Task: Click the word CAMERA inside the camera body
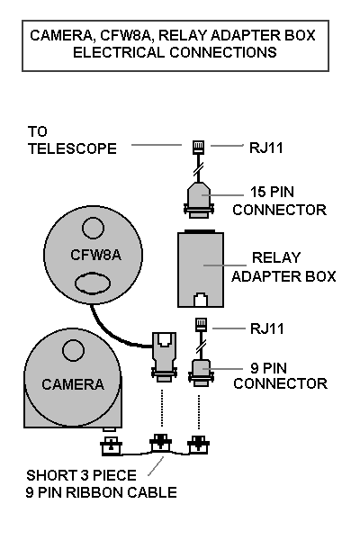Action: [73, 384]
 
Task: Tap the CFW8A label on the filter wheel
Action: [95, 255]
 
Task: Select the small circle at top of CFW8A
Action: [93, 228]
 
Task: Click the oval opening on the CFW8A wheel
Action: [93, 283]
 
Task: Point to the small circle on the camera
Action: [73, 350]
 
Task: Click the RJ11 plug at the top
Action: [198, 147]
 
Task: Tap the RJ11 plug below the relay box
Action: [202, 325]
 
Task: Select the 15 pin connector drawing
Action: [199, 200]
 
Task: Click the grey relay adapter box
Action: [201, 269]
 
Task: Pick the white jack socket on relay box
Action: [201, 300]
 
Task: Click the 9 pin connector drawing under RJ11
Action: [201, 373]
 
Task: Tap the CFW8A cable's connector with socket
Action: [164, 356]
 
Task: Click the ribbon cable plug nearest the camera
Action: [111, 445]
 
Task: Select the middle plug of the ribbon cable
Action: [160, 443]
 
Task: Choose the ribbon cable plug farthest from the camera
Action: [198, 445]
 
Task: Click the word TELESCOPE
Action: [72, 148]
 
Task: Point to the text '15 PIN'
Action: [272, 193]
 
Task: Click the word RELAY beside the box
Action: [276, 257]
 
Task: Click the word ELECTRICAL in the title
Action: [119, 52]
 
